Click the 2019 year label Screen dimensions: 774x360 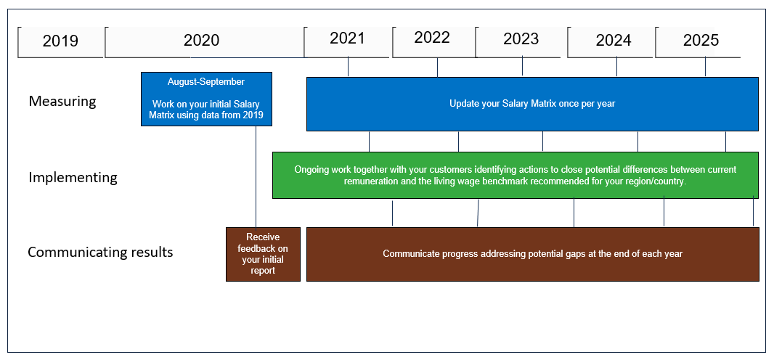(x=60, y=41)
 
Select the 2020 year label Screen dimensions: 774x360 (x=201, y=40)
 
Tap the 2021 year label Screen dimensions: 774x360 (x=347, y=38)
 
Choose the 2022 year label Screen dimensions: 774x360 (x=432, y=38)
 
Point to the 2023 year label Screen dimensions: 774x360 (x=521, y=38)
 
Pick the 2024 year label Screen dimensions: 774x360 (x=614, y=40)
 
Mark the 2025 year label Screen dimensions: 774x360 (x=701, y=40)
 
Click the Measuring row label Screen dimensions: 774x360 (x=62, y=101)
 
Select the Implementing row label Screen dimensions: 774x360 (x=73, y=177)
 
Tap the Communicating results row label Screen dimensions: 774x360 (x=100, y=252)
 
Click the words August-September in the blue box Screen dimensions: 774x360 (x=205, y=81)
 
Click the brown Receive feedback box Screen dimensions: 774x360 (x=263, y=254)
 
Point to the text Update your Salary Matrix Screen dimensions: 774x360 (x=498, y=104)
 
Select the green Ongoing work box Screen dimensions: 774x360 (x=516, y=175)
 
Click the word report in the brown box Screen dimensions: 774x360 (x=263, y=271)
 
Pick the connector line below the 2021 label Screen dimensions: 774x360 (x=349, y=67)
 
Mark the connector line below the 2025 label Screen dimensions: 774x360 (x=706, y=67)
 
